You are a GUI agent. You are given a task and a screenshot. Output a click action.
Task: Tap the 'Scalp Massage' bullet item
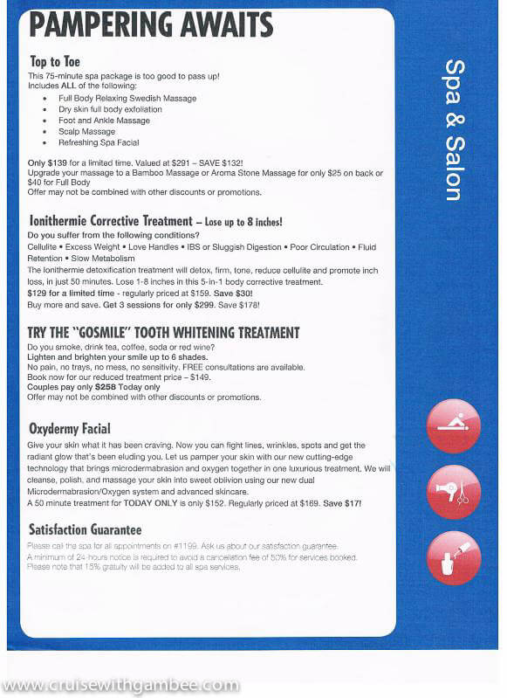[86, 132]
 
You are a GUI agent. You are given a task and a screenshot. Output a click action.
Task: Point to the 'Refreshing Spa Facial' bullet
[99, 142]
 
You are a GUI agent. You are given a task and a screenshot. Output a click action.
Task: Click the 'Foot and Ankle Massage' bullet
[104, 121]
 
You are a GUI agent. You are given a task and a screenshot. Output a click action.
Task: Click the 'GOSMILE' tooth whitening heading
[163, 332]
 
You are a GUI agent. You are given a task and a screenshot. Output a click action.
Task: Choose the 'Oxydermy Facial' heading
[70, 428]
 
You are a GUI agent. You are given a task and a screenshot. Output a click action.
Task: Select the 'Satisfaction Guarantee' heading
[85, 529]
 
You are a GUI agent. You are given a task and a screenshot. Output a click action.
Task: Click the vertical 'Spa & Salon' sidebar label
[454, 130]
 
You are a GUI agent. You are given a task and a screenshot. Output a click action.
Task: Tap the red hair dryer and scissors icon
[453, 492]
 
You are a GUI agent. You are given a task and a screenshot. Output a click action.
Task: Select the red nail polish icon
[453, 556]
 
